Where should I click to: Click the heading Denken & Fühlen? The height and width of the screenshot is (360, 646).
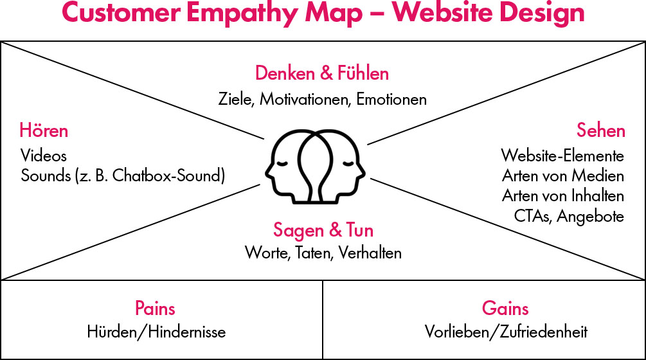[x=322, y=73]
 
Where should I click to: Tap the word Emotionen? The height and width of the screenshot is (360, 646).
[x=391, y=100]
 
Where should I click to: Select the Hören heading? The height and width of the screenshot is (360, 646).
[x=44, y=131]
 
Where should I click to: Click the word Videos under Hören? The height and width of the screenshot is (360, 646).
[x=44, y=156]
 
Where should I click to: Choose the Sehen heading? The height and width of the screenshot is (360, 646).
[x=600, y=131]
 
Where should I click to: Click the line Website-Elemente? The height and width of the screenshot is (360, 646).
[x=562, y=156]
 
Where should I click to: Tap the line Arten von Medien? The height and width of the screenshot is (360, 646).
[x=563, y=175]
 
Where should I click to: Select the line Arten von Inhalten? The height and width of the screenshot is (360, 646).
[x=563, y=195]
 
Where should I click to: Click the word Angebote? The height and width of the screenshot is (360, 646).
[x=591, y=216]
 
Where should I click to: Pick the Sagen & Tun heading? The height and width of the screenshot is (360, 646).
[x=323, y=230]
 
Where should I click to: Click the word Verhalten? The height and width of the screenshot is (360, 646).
[x=372, y=253]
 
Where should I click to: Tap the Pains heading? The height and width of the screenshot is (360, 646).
[x=155, y=308]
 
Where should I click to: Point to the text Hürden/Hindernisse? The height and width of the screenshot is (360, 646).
[x=156, y=332]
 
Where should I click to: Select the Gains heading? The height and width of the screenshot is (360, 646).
[x=505, y=308]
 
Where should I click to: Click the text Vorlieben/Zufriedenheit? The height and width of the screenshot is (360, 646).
[x=506, y=332]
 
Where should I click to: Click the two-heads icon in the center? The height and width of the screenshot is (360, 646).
[x=316, y=165]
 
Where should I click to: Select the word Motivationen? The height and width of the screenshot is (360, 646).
[x=306, y=100]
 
